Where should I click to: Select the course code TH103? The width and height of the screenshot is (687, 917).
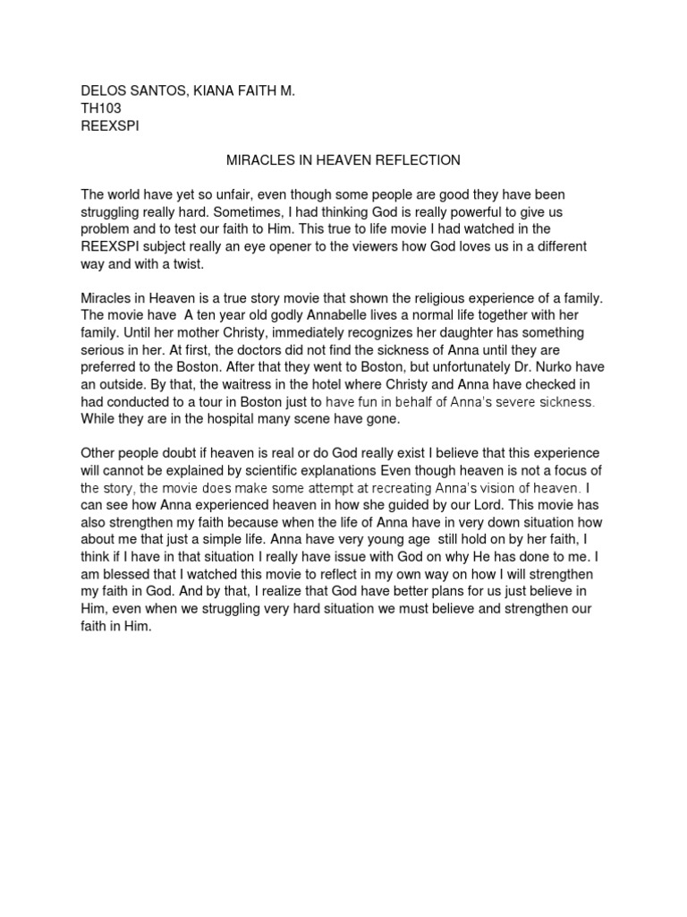[x=101, y=108]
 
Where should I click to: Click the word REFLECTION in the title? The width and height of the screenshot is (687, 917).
[x=417, y=160]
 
